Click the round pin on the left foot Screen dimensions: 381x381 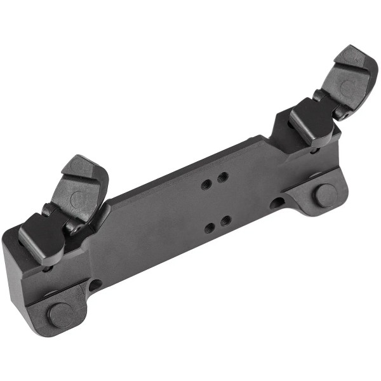click(61, 314)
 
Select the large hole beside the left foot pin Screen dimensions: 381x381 click(95, 285)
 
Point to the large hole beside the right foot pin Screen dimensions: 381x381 click(277, 203)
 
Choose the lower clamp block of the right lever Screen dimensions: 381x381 click(311, 122)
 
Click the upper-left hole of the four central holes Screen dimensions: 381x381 click(206, 184)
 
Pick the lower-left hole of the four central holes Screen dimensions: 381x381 click(210, 227)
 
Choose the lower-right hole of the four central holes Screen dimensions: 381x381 click(226, 221)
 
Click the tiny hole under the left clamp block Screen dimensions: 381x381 click(48, 268)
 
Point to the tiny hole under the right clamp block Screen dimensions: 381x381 click(314, 150)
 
